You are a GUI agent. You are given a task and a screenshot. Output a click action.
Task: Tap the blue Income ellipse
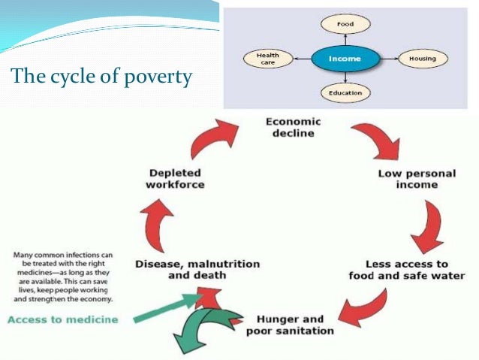click(x=345, y=58)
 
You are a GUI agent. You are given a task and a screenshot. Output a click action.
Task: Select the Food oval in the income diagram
click(x=345, y=24)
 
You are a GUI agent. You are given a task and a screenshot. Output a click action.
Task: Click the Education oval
click(x=345, y=93)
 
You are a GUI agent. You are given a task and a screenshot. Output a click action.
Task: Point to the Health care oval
click(x=268, y=58)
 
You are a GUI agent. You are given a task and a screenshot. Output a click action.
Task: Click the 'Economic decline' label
click(x=293, y=127)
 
